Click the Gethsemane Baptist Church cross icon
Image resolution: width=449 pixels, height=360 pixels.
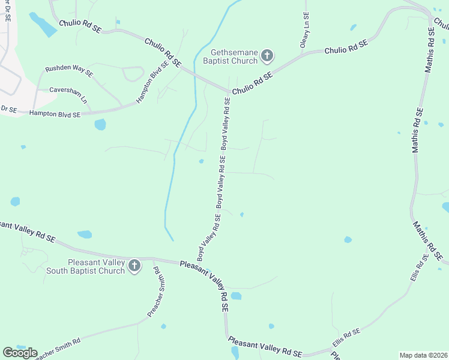(x=267, y=56)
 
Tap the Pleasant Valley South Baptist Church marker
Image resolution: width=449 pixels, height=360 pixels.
(x=134, y=266)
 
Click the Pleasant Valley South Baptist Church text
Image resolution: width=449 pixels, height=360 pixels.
(x=96, y=266)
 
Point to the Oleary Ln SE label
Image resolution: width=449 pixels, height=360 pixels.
(x=306, y=31)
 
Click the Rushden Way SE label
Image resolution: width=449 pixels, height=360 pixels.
(x=71, y=71)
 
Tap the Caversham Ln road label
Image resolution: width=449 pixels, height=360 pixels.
(x=68, y=94)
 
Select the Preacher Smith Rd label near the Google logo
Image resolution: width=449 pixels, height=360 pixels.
(x=57, y=348)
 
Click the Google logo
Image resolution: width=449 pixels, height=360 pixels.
(x=20, y=353)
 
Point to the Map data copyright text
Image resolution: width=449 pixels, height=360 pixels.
(x=423, y=355)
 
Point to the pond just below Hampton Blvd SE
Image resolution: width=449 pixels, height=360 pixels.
(x=100, y=125)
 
